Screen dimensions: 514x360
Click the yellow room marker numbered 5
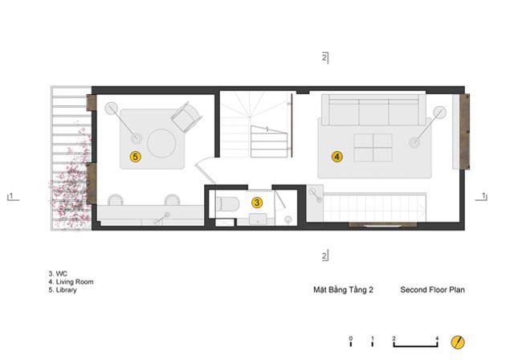135,157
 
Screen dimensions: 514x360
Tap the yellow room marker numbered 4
337,157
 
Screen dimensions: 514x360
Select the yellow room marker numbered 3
257,202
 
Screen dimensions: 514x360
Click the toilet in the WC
226,203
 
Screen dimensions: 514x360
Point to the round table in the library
161,144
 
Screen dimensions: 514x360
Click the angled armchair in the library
186,117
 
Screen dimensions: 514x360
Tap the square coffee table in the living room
373,148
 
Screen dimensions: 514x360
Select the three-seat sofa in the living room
373,110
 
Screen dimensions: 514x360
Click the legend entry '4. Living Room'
71,281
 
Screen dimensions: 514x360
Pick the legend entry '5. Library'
63,290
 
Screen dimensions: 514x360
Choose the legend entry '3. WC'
58,274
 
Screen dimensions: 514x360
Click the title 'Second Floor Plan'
432,290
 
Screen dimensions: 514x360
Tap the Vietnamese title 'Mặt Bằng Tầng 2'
343,290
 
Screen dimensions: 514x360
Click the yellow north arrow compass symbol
458,342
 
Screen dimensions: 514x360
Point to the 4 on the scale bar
437,338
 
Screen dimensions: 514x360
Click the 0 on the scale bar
351,338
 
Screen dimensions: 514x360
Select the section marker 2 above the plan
324,58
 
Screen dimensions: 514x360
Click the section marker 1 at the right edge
482,196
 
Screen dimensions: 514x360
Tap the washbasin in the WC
258,219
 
